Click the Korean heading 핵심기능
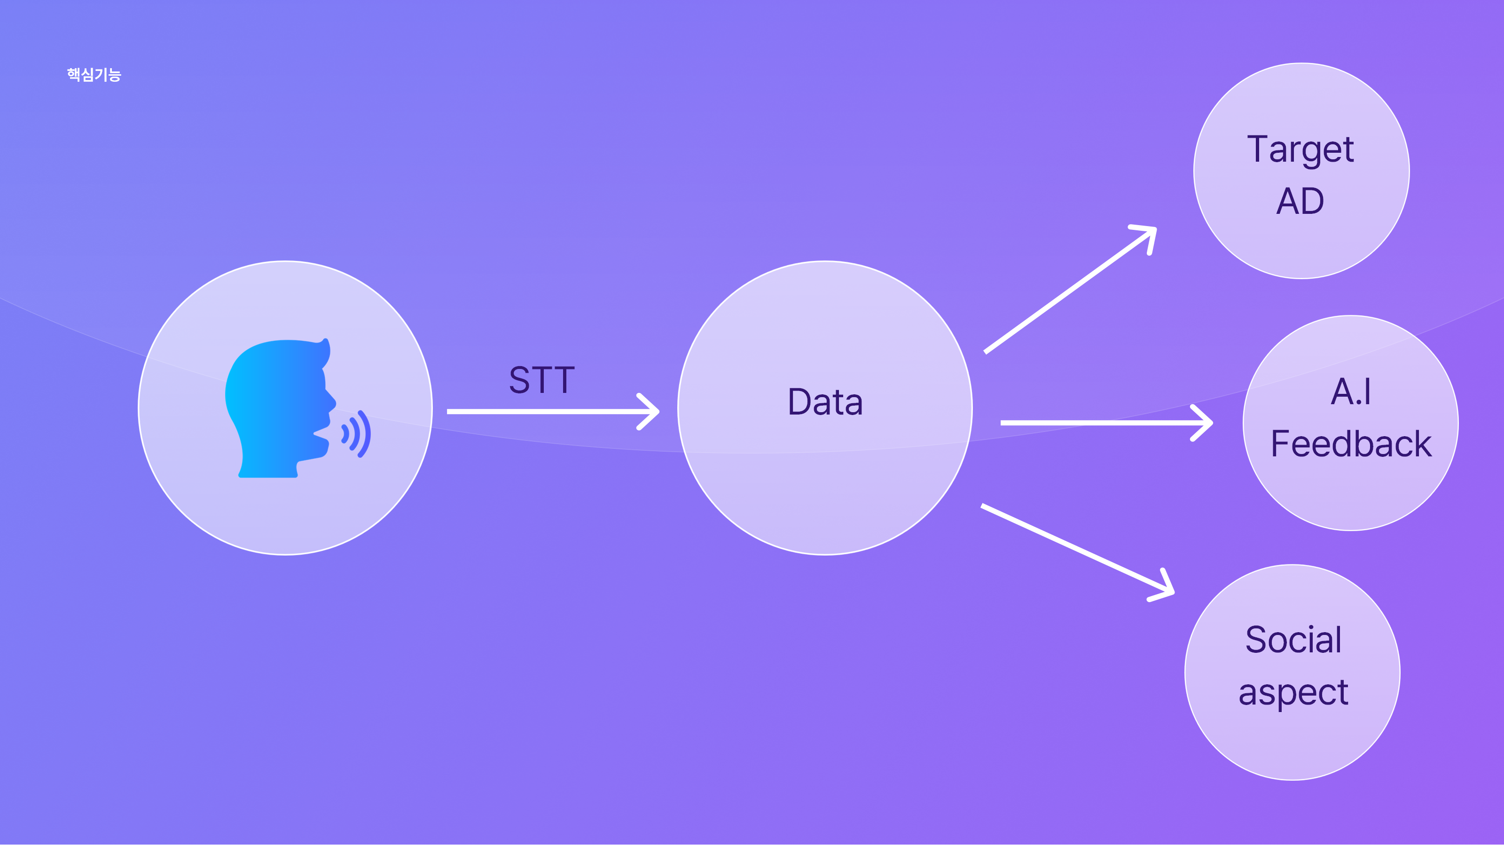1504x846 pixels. pyautogui.click(x=94, y=75)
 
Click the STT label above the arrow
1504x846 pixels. pyautogui.click(x=542, y=380)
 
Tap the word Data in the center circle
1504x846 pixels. pyautogui.click(x=825, y=402)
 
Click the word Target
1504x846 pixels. pyautogui.click(x=1300, y=149)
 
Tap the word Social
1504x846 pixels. pyautogui.click(x=1293, y=639)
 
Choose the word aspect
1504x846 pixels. pyautogui.click(x=1293, y=694)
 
